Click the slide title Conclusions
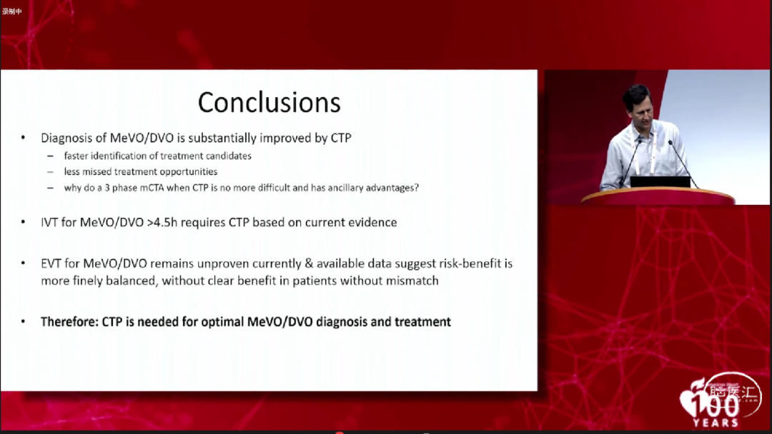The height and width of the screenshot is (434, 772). coord(269,102)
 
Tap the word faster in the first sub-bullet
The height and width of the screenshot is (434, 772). coord(76,156)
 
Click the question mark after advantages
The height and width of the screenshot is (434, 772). coord(417,187)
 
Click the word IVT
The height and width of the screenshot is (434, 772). coord(49,222)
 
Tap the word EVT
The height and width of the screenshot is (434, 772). coord(51,263)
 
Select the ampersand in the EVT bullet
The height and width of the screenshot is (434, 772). coord(309,263)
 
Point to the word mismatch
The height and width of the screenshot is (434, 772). coord(412,281)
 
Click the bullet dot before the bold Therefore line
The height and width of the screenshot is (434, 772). coord(23,321)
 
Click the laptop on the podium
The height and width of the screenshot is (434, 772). coord(660,182)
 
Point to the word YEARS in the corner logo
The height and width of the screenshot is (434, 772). coord(716,422)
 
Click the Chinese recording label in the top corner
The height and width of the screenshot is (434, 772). coord(12,11)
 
